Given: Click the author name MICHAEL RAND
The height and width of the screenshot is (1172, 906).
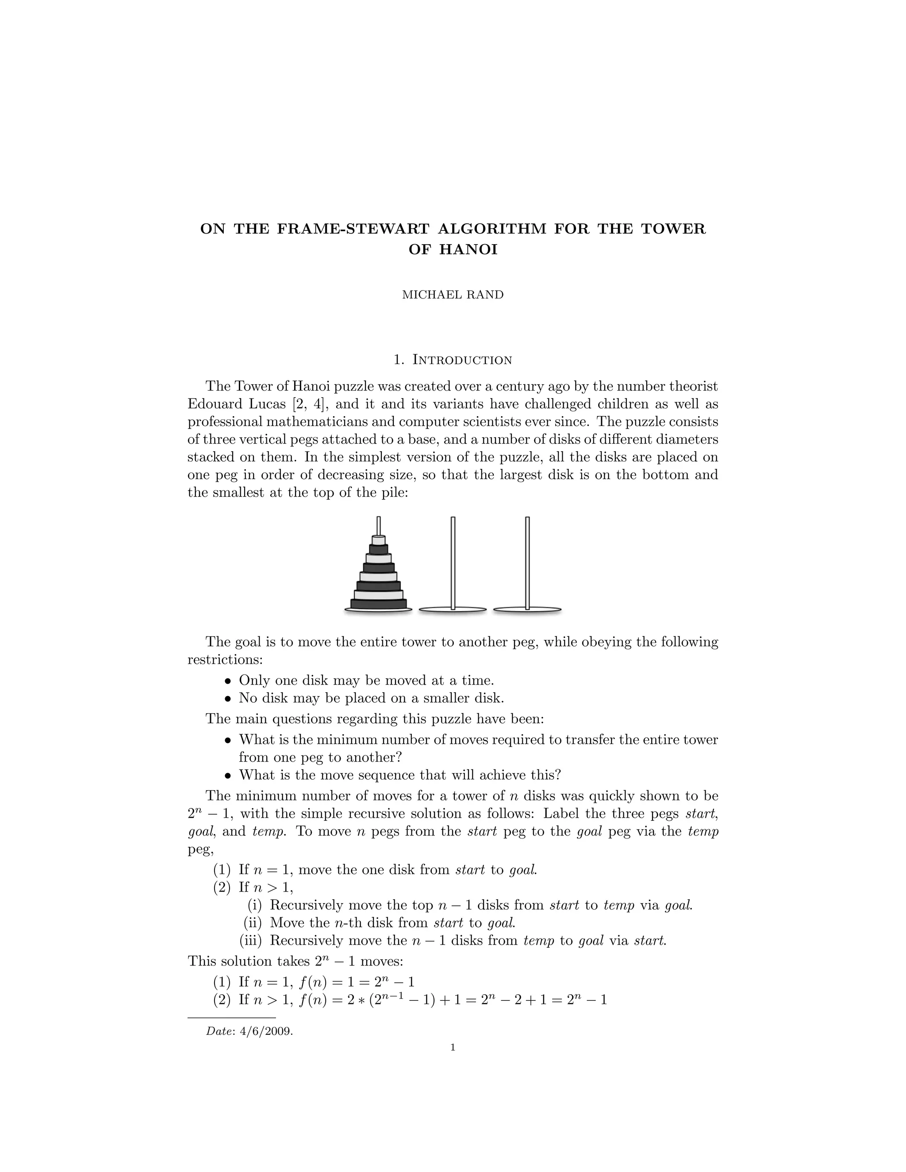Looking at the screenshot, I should (453, 295).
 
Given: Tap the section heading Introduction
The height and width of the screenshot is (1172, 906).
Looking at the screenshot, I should (461, 360).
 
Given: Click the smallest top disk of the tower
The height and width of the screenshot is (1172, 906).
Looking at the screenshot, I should (378, 540).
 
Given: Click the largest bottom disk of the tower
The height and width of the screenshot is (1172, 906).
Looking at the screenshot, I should (378, 604).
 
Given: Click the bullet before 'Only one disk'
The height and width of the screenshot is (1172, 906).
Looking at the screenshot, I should (227, 681).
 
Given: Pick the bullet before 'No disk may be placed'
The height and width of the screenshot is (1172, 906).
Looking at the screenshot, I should (227, 699).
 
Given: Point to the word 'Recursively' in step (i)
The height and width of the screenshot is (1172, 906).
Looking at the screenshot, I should (307, 905).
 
